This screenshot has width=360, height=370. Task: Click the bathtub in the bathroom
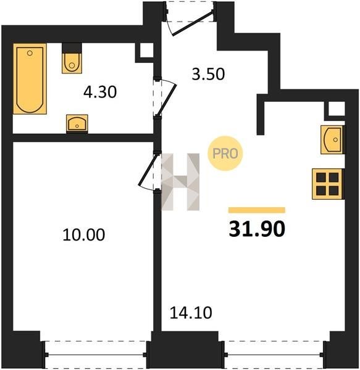point(30,78)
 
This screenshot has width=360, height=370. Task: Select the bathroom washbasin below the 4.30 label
point(77,123)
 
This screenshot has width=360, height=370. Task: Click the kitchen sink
point(332,140)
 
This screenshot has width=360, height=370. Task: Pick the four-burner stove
point(327,184)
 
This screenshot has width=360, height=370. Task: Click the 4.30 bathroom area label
point(100,92)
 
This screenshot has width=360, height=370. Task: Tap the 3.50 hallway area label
point(208,74)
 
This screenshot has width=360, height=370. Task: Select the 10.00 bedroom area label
point(84,234)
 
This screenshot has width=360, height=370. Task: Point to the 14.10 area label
point(191,313)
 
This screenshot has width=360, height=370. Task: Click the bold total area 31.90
point(257,229)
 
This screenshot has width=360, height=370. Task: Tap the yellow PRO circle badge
point(225,154)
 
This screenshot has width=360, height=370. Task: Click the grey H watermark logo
point(180,182)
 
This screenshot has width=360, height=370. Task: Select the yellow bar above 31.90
point(257,210)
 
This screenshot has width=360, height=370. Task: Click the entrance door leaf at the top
point(193,23)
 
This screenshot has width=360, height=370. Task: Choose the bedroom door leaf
point(148,170)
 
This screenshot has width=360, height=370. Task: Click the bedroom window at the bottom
point(96,355)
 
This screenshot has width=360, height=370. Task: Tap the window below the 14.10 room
point(274,355)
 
